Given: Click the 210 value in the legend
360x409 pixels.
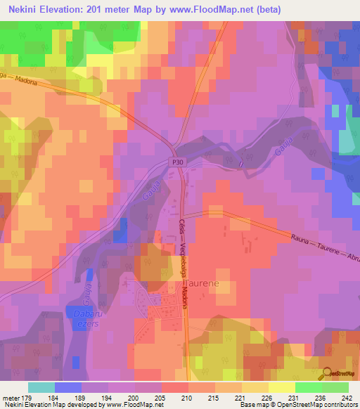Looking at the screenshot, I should [x=186, y=397].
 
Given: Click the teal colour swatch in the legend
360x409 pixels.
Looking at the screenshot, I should [x=41, y=387].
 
